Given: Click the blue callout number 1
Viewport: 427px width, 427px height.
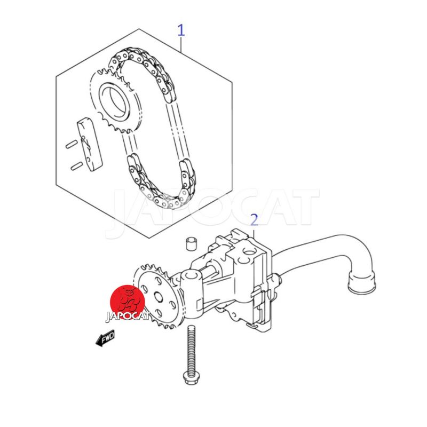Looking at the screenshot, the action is coord(181,30).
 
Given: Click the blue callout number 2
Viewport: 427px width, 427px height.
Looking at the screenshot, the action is coord(254,220).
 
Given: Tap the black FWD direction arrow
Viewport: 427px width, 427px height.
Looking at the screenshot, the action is coord(105,338).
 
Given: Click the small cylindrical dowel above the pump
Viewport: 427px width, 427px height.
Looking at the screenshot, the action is coord(191,243).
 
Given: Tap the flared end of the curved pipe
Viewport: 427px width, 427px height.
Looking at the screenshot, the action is coord(363,283).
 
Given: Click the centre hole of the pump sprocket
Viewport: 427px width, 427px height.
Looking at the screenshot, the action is coord(159,296).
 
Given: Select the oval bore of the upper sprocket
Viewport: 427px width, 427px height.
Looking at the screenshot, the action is coord(115,102).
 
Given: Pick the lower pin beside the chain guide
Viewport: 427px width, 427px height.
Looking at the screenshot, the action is coord(76,166).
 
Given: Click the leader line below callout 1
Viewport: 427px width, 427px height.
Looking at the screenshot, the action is coord(181,45).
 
